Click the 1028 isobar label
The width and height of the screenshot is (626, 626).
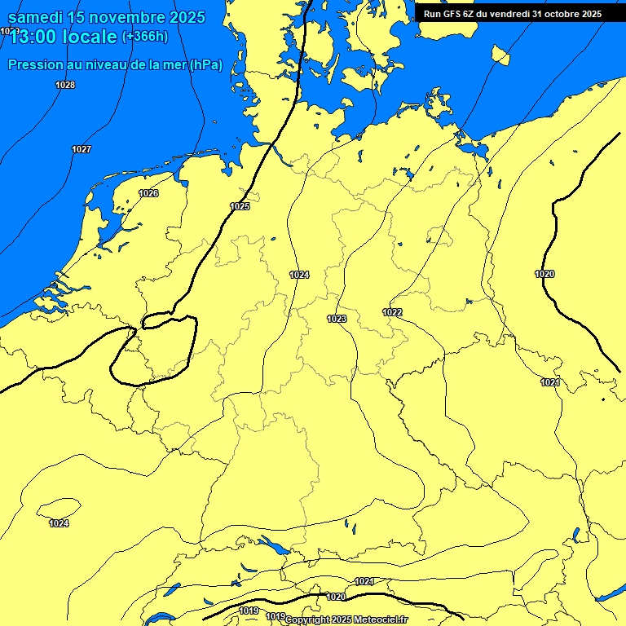[65, 86]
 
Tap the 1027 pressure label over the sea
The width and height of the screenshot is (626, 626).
[82, 149]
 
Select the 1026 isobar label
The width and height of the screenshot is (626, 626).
[148, 193]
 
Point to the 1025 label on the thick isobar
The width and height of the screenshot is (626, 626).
[240, 206]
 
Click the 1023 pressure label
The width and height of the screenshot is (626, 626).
[337, 319]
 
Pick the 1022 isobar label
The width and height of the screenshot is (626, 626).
[392, 312]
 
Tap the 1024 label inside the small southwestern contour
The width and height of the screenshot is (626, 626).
[59, 523]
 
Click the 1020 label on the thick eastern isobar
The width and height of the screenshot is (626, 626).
[544, 274]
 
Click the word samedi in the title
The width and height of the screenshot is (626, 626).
[37, 16]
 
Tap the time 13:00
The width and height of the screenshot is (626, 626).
[37, 37]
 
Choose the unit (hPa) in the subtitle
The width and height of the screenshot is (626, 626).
[205, 65]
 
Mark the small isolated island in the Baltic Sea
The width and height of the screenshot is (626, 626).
[500, 55]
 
